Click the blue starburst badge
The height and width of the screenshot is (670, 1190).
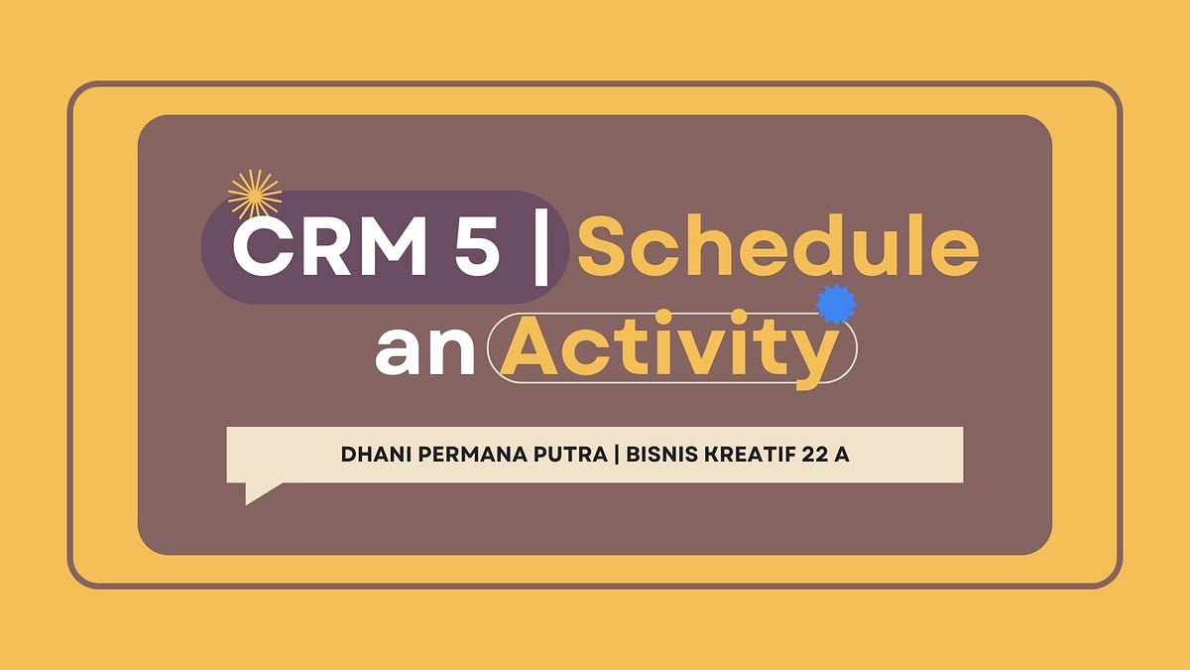point(835,304)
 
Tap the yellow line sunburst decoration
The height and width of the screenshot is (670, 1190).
point(255,195)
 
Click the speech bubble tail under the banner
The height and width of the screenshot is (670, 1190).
point(260,491)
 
